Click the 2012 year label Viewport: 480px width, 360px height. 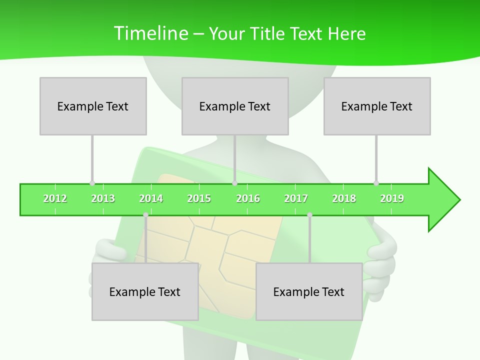coord(55,198)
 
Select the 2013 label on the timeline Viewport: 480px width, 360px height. coord(103,198)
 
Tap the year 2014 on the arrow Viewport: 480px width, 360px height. coord(151,198)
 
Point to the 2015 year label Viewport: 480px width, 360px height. coord(199,198)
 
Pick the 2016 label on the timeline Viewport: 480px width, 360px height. coord(248,198)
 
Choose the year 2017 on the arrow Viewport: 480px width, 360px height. coord(296,198)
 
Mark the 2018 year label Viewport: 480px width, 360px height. coord(344,198)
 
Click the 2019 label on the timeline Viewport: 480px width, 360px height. coord(392,198)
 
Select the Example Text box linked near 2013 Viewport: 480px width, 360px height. coord(93,106)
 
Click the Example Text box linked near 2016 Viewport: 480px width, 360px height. coord(235,106)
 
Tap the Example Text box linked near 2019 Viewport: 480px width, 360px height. coord(377,106)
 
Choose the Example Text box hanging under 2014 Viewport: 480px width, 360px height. coord(145,291)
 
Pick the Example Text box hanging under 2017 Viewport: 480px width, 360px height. coord(309,291)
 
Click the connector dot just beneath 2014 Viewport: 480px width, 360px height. coord(145,215)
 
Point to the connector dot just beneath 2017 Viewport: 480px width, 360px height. coord(309,215)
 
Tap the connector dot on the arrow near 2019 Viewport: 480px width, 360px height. coord(376,183)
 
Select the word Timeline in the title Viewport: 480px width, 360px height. coord(150,33)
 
